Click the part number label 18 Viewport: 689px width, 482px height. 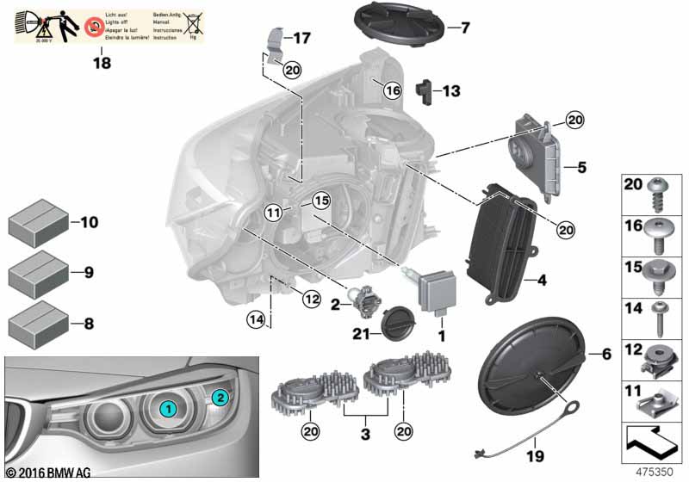pyautogui.click(x=102, y=63)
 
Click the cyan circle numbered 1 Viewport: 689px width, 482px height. pyautogui.click(x=170, y=409)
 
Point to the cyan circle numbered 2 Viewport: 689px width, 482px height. pyautogui.click(x=220, y=397)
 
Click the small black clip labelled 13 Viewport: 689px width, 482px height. pyautogui.click(x=424, y=89)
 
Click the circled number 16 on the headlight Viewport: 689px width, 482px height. pyautogui.click(x=392, y=90)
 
